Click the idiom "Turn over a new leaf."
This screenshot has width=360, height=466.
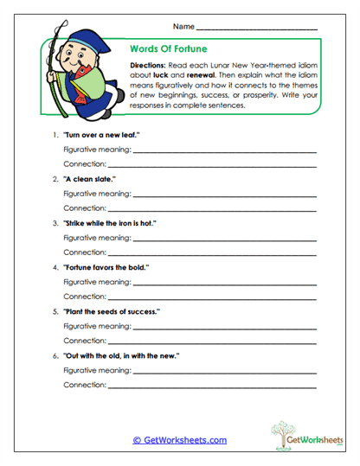coord(101,136)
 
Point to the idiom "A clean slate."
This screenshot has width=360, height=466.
coord(89,179)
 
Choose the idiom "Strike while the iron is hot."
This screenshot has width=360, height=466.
coord(109,222)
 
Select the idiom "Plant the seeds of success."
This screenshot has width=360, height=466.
coord(111,311)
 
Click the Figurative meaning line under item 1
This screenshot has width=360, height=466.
coord(225,153)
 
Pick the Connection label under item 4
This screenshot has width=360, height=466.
coord(84,296)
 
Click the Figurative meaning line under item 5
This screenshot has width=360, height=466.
coord(225,328)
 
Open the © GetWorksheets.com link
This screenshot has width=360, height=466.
coord(180,440)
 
